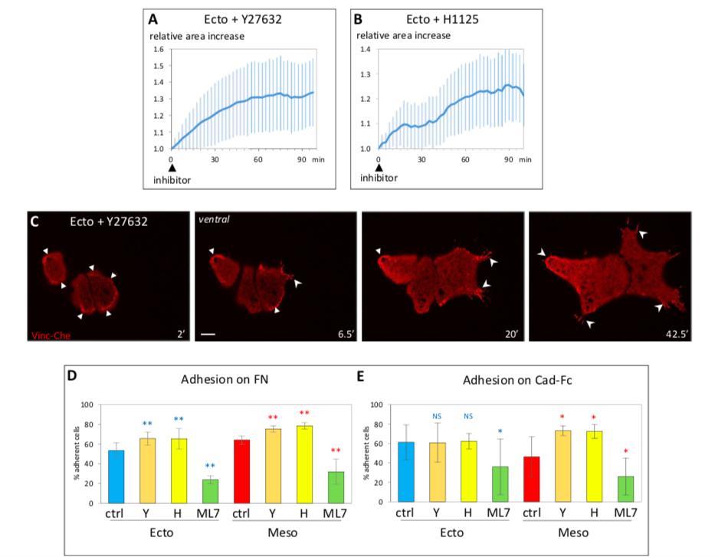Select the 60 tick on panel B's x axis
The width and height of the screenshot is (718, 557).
465,159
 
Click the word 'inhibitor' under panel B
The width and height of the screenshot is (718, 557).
375,179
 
